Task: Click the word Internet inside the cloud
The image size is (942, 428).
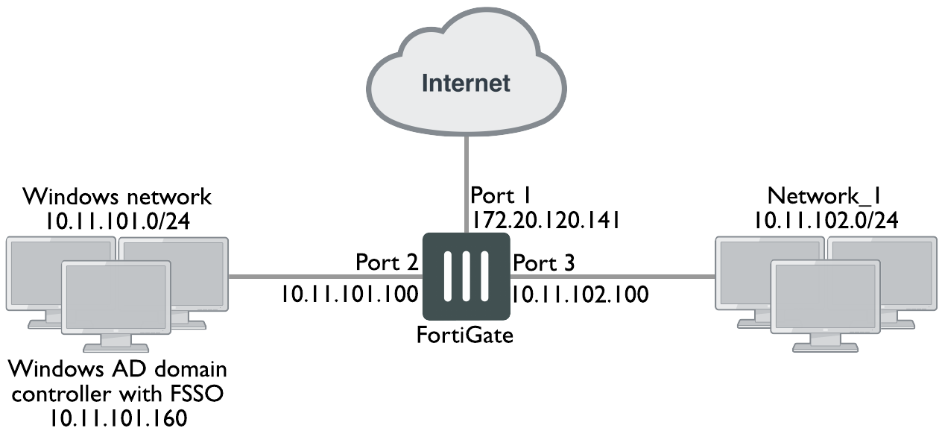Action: point(467,82)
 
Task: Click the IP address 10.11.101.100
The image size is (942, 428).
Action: point(350,293)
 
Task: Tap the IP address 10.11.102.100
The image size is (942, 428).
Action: point(579,293)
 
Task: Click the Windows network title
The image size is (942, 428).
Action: point(118,197)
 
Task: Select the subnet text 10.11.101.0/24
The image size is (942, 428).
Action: point(118,221)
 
